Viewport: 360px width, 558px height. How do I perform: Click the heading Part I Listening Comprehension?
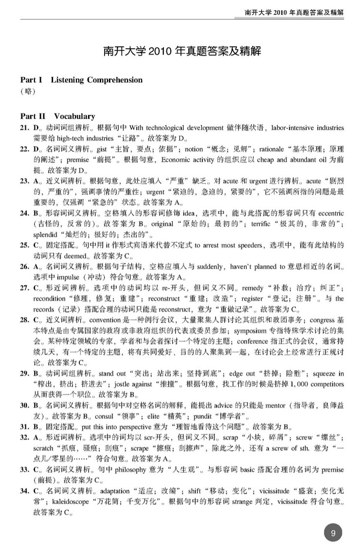point(81,80)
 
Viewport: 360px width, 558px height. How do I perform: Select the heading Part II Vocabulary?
point(57,116)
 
